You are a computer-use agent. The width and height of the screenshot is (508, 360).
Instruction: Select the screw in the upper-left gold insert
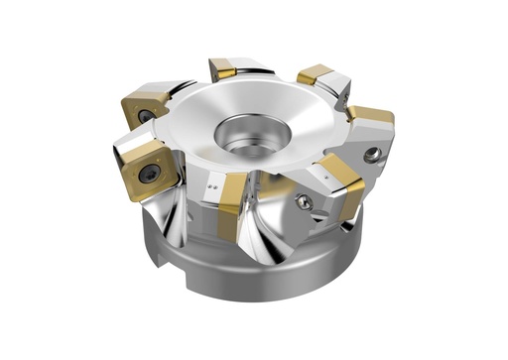[146, 115]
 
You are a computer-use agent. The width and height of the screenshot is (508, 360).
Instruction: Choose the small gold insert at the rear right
[315, 73]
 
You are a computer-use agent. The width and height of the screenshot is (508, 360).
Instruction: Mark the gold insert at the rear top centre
[222, 69]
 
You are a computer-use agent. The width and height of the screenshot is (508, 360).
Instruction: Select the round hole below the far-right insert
[371, 154]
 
